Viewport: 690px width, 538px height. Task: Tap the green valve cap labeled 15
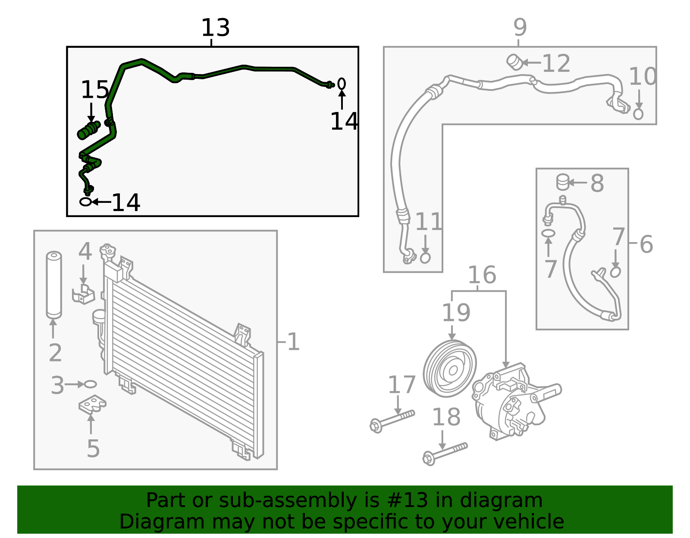[x=88, y=131]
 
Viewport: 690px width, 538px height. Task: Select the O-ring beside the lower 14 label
[x=86, y=202]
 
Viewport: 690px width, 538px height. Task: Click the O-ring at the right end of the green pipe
[x=342, y=84]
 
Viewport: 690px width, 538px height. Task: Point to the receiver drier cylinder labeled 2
[x=54, y=285]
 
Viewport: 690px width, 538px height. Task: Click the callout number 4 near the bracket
[x=85, y=252]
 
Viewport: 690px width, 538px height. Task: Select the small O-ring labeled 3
[x=90, y=384]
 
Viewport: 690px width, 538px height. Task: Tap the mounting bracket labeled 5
[x=92, y=404]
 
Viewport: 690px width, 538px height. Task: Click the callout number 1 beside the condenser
[x=293, y=342]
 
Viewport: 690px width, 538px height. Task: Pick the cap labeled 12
[x=514, y=62]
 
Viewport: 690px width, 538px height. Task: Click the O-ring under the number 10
[x=639, y=114]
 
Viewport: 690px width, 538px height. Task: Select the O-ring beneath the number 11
[x=425, y=258]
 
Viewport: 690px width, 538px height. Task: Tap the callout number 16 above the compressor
[x=482, y=275]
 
